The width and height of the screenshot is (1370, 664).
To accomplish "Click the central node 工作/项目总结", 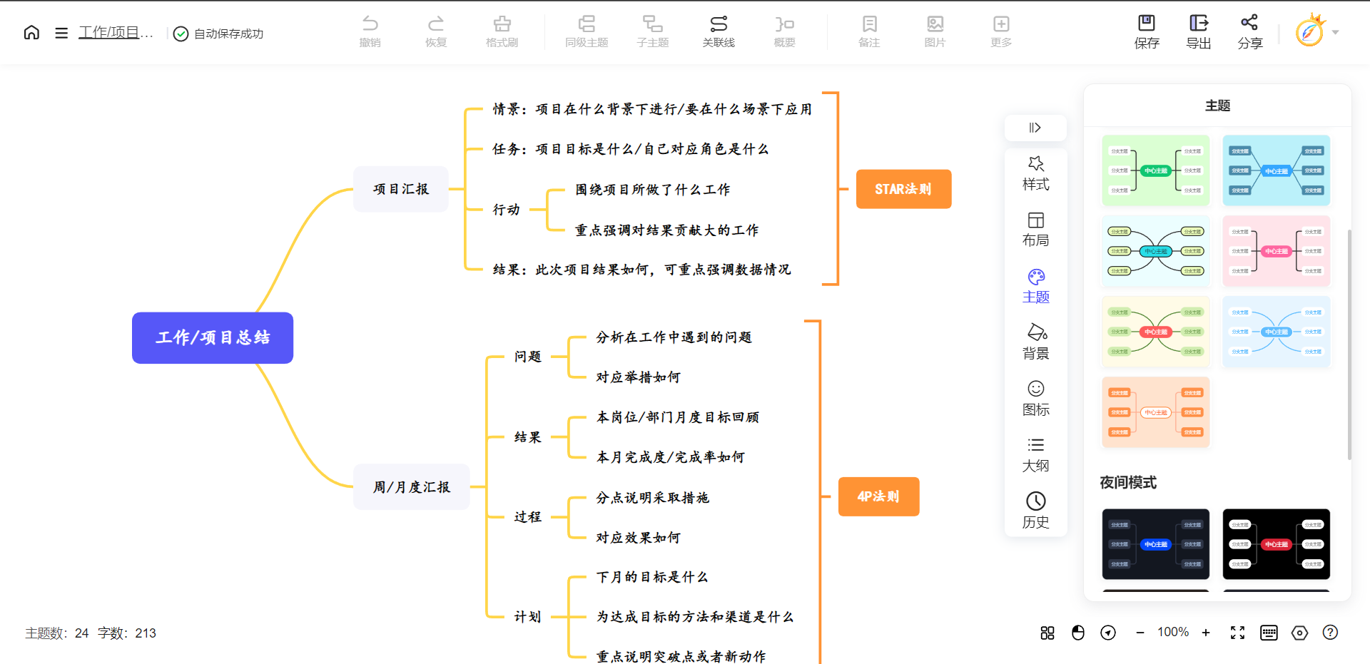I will [213, 338].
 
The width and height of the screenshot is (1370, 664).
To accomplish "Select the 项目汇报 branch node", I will [401, 189].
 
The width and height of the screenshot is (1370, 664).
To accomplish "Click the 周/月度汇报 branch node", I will [412, 487].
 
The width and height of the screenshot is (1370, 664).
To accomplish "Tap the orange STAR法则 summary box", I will [903, 189].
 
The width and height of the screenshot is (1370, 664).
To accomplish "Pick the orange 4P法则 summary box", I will [878, 496].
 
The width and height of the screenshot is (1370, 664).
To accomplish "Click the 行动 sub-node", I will [507, 210].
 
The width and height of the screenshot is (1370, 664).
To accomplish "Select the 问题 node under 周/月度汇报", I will [528, 357].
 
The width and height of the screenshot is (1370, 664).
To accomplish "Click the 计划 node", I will [528, 617].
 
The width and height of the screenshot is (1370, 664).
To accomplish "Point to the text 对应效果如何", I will [638, 538].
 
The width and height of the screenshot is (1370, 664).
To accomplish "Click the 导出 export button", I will [1199, 32].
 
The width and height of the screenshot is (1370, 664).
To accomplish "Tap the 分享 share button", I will [1250, 32].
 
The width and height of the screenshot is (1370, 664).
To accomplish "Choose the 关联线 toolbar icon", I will [719, 32].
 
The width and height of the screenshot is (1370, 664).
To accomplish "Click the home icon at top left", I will [31, 33].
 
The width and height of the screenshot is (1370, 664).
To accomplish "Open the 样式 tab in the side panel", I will [1036, 173].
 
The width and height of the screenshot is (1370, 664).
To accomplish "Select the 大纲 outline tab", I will [1036, 455].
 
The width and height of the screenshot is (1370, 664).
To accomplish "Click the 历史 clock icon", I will [1036, 510].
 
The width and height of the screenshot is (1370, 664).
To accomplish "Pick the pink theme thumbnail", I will [1277, 251].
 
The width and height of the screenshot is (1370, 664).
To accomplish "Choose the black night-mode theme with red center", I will [1277, 544].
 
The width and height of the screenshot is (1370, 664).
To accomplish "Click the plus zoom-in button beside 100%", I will [1206, 633].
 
